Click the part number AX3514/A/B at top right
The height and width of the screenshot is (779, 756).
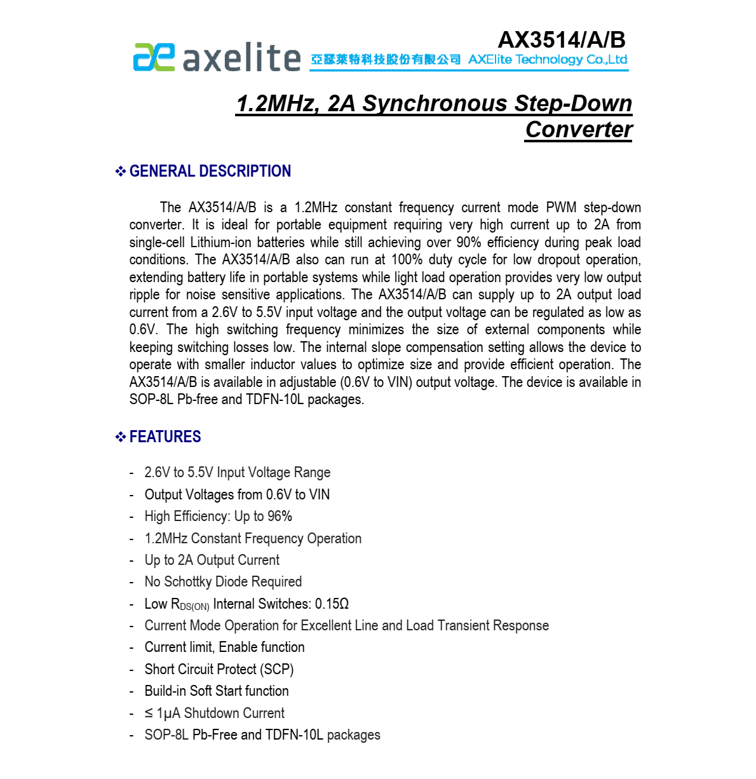tap(562, 40)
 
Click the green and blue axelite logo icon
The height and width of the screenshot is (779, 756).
tap(154, 57)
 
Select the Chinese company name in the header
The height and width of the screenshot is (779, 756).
tap(386, 60)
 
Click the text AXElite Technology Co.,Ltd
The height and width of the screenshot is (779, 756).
tap(548, 60)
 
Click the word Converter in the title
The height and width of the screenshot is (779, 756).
tap(579, 130)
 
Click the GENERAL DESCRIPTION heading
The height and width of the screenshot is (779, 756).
tap(210, 172)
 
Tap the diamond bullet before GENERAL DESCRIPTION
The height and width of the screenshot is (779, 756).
tap(120, 172)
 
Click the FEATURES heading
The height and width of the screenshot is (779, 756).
tap(165, 437)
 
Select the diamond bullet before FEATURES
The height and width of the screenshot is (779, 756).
tap(120, 437)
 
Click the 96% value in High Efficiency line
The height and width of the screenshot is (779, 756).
tap(280, 517)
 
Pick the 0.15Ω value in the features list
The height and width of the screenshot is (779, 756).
tap(332, 604)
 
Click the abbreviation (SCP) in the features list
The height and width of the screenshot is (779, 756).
tap(277, 670)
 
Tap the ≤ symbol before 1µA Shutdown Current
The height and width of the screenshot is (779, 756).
tap(149, 714)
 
